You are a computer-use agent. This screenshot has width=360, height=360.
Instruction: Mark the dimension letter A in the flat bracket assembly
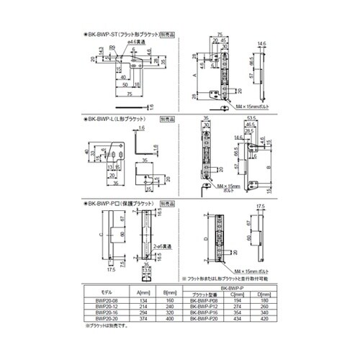point(196,73)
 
